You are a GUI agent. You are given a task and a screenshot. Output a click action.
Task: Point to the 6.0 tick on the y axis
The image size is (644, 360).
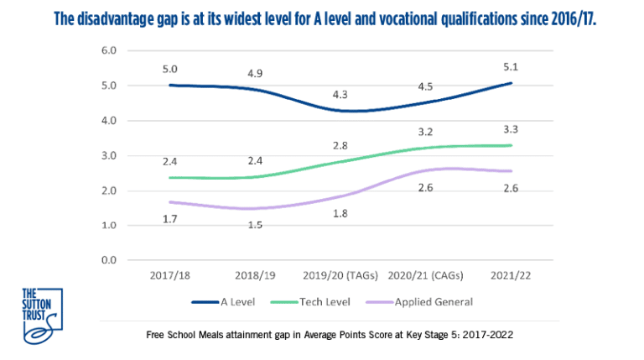109,51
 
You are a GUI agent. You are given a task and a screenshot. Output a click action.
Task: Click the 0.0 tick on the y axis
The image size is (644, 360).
109,260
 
